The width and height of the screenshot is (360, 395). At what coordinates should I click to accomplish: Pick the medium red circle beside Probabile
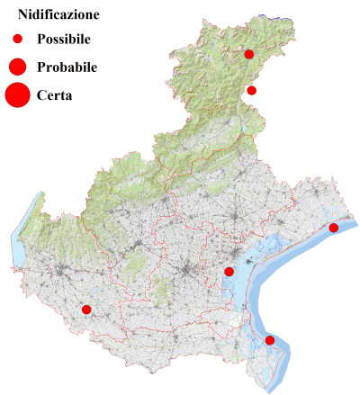point(17,67)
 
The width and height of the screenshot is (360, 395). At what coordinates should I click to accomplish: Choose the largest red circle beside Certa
point(17,94)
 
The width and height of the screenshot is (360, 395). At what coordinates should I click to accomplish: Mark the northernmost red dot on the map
point(249,54)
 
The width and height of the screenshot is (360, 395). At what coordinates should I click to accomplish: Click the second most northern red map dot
point(251,90)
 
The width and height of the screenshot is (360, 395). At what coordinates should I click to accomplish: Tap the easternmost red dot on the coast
point(334,228)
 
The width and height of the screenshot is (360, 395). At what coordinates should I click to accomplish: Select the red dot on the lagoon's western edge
point(229,272)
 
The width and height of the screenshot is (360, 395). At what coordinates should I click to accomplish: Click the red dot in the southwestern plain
point(86,310)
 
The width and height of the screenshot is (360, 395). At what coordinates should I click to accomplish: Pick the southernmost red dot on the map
point(270,340)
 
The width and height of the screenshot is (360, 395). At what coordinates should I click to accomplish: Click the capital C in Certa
point(42,94)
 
